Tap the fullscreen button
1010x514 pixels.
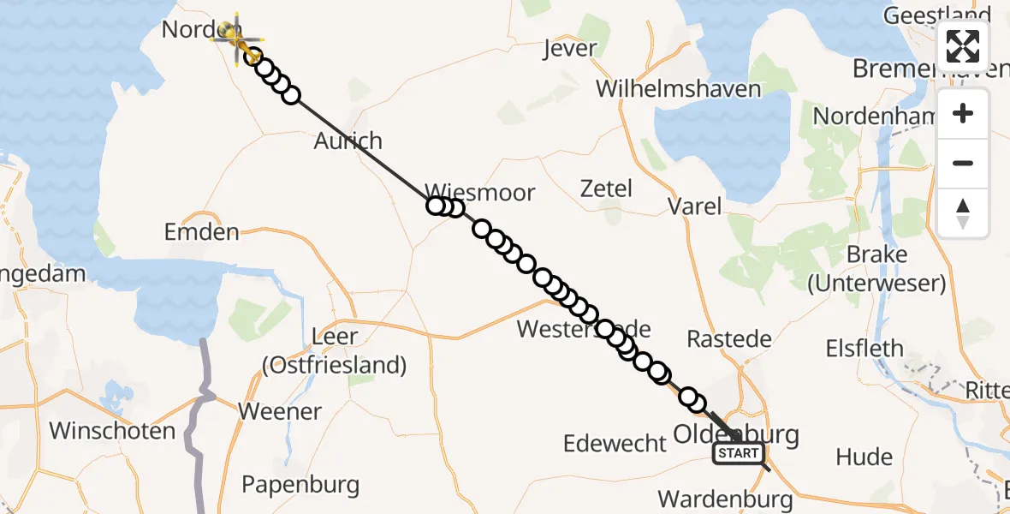point(963,46)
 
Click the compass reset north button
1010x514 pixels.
point(963,213)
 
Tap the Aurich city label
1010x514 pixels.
point(348,140)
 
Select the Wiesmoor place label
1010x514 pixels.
point(480,192)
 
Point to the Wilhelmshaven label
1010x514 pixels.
point(679,88)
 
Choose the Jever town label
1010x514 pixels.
point(569,49)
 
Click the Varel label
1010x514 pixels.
point(694,206)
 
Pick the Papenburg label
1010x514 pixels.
point(300,484)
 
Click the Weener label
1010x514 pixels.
point(280,411)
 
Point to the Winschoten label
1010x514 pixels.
point(112,430)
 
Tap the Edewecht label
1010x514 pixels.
point(615,443)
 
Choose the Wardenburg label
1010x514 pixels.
point(726,499)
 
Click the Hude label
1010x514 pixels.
point(864,457)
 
